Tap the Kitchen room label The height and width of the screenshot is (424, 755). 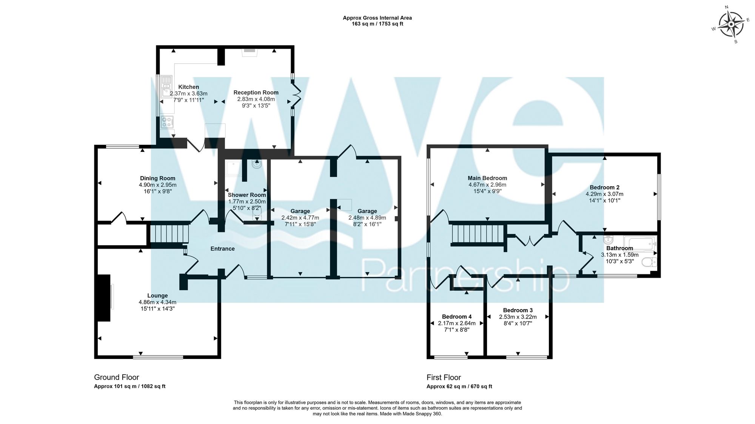188,87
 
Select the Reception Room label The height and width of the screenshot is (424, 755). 256,92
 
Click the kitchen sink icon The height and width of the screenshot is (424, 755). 166,87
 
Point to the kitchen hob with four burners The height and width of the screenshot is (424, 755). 167,122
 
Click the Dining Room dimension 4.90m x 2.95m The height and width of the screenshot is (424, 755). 157,185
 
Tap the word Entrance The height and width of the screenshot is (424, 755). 222,249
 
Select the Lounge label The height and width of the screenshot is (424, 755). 157,296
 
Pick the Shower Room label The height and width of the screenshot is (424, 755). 247,195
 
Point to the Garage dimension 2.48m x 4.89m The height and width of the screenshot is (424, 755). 367,218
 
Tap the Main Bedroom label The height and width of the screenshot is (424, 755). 487,178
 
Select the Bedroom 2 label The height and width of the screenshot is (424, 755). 604,187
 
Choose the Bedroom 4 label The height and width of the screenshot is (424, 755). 456,317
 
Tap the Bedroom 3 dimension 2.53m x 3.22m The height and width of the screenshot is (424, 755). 518,317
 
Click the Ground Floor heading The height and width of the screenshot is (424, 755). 116,377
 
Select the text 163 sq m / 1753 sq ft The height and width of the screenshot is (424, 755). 377,24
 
